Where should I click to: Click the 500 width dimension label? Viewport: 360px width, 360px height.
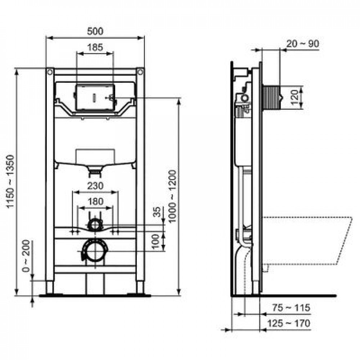95,31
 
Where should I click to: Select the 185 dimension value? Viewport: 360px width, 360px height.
95,48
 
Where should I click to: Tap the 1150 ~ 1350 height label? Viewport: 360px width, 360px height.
10,181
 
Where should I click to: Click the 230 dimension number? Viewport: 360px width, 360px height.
95,186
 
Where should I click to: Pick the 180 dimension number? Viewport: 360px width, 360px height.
95,202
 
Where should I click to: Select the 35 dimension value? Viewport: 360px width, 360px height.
157,212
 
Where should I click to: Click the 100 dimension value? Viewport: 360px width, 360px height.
156,242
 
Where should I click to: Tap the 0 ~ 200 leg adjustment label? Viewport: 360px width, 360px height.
26,256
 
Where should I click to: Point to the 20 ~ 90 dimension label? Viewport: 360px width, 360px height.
303,44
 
